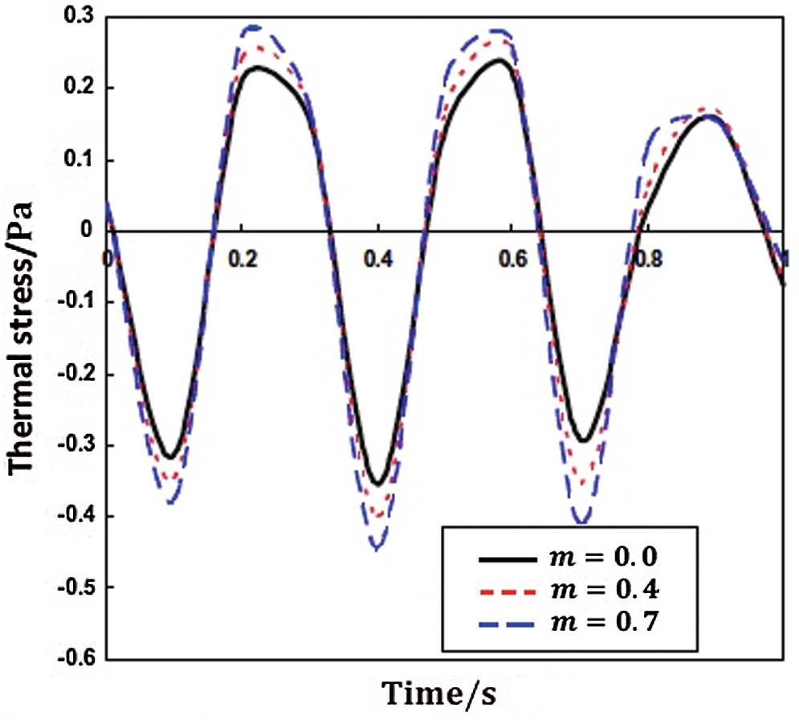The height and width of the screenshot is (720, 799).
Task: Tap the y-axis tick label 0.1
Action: click(x=80, y=159)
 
